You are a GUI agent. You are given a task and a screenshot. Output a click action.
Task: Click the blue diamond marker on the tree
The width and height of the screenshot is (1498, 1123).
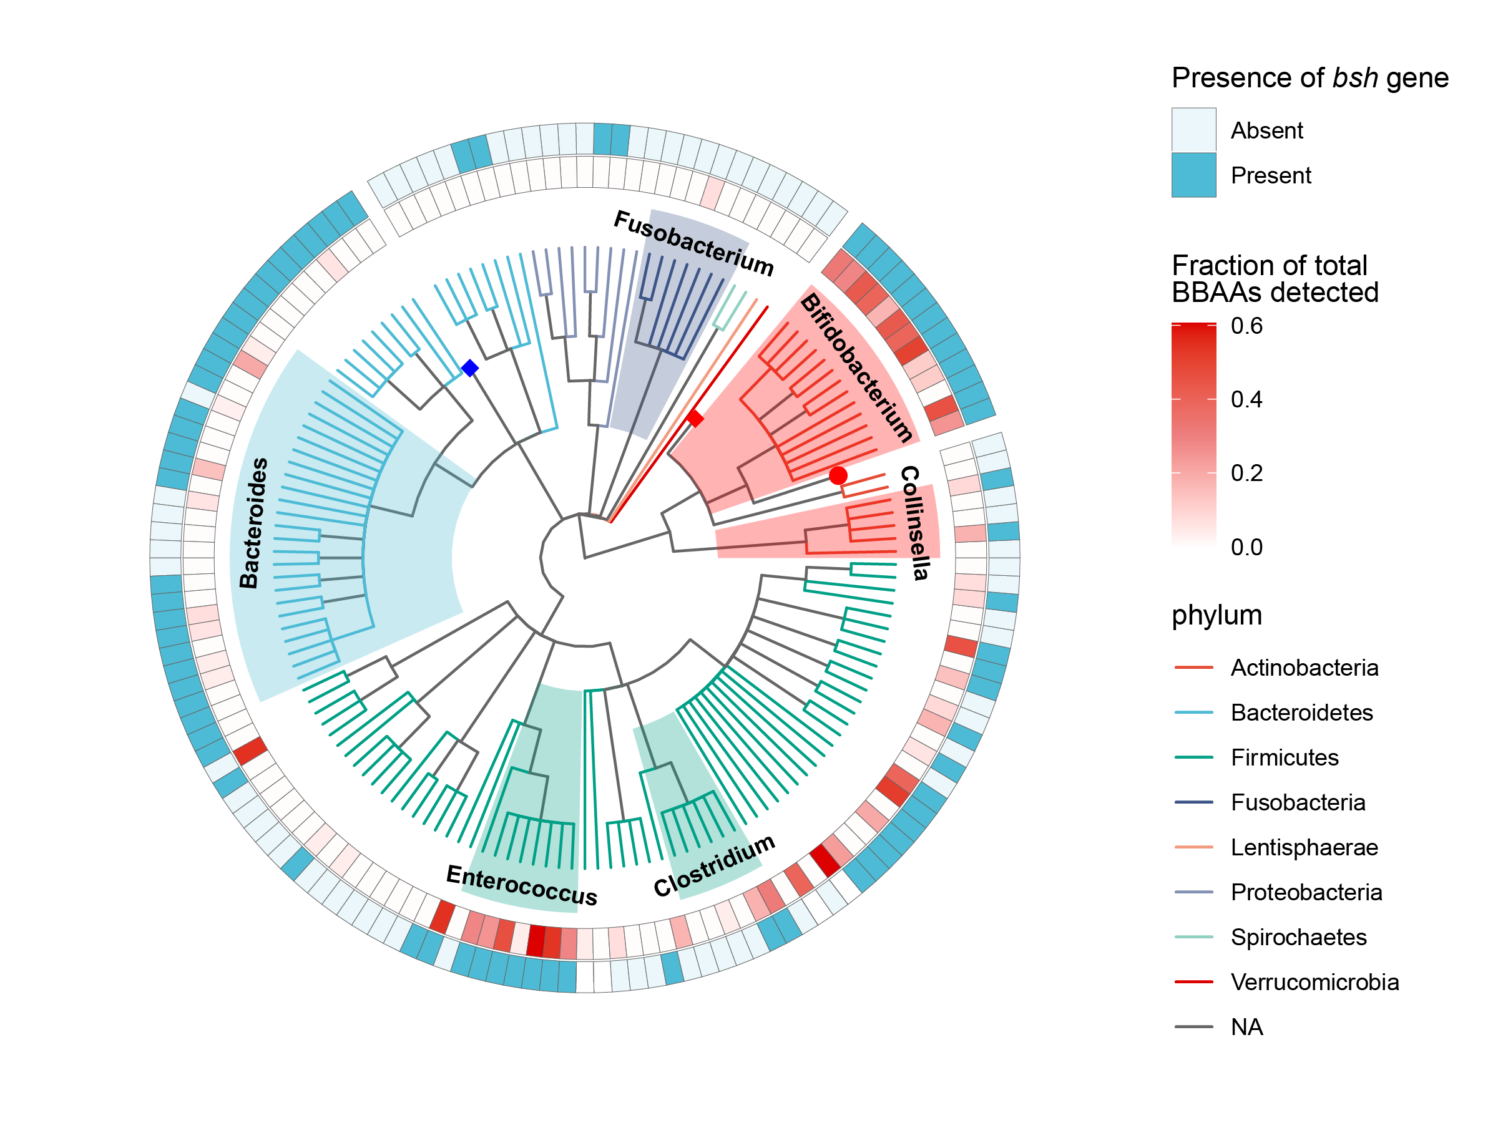[470, 368]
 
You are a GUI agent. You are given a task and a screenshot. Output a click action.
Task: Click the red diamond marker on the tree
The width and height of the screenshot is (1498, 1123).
[695, 419]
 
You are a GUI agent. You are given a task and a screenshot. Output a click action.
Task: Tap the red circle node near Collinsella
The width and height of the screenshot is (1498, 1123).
[838, 475]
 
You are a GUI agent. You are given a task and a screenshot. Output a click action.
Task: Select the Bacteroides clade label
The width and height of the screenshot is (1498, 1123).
[254, 523]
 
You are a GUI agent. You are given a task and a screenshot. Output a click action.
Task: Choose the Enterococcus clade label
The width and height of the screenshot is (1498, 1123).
[521, 885]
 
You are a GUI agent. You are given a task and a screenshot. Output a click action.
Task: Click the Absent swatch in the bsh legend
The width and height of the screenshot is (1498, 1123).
[1193, 130]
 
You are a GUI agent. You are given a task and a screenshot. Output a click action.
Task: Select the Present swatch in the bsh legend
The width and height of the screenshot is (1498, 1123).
[1193, 175]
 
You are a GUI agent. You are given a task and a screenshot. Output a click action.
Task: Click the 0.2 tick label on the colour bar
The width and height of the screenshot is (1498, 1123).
[1246, 473]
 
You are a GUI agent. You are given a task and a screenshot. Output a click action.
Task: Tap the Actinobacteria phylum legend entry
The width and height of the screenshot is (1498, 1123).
[1304, 668]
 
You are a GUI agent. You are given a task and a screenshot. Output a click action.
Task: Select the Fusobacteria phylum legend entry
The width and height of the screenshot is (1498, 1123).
[1298, 803]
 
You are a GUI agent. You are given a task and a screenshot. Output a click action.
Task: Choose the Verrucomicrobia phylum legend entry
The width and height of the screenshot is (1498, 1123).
[1314, 982]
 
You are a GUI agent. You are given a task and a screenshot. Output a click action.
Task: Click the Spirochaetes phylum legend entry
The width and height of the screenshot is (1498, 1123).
[1298, 938]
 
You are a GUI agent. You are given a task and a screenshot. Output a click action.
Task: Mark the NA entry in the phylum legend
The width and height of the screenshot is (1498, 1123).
[1246, 1028]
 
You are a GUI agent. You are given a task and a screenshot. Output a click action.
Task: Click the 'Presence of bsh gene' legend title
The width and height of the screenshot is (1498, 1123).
[1310, 78]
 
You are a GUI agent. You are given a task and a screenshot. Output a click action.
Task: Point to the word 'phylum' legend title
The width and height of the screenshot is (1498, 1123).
[1217, 615]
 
